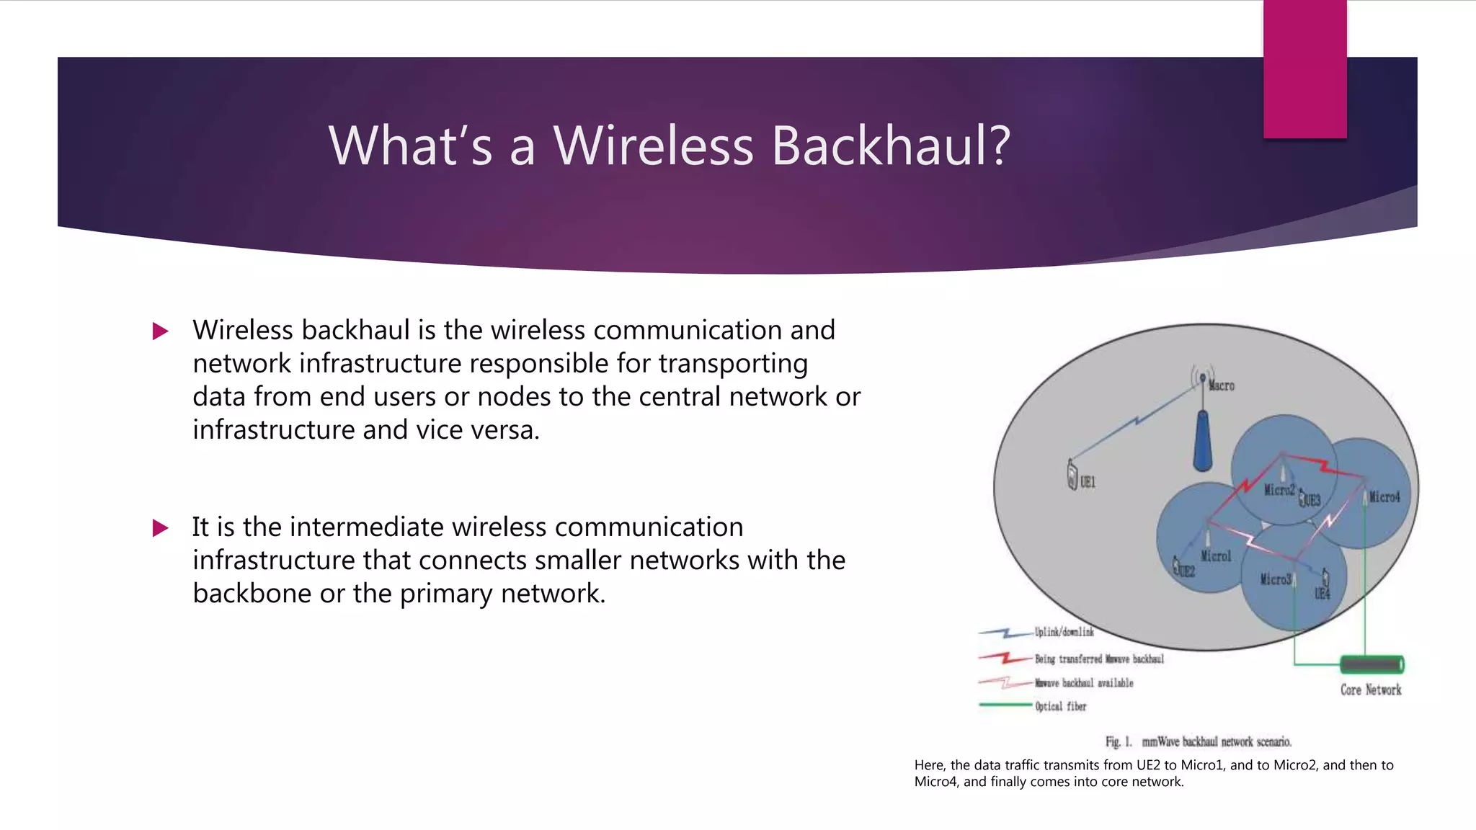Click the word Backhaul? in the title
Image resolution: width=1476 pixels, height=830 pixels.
[891, 146]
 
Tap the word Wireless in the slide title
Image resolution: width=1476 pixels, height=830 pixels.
[653, 146]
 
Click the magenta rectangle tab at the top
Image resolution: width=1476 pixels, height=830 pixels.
[1304, 68]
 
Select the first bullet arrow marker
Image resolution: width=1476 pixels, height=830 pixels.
[161, 331]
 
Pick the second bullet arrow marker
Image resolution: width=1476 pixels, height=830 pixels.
[161, 528]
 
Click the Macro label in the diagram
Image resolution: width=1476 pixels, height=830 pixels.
[1222, 386]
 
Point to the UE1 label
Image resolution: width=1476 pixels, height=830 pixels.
[1088, 482]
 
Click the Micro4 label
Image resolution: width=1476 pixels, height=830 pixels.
[1384, 497]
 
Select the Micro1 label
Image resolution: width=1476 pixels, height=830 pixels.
[1216, 556]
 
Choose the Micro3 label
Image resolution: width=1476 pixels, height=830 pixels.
[1275, 579]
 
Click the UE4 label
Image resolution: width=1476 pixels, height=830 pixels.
[1322, 594]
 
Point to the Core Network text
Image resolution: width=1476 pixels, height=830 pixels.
[1371, 690]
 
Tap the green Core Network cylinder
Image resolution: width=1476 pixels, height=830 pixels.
[1371, 664]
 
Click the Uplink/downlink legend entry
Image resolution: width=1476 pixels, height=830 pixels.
[1064, 632]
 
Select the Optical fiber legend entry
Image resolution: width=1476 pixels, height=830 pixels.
[1060, 706]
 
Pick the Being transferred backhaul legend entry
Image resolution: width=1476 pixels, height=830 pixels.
[1099, 659]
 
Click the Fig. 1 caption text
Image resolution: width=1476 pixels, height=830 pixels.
[1199, 741]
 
